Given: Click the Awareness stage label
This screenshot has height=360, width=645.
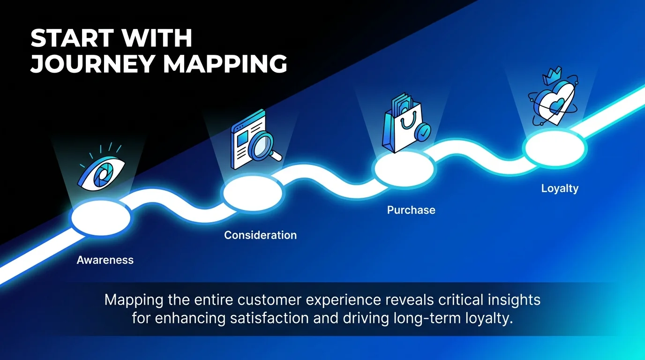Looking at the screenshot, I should click(x=105, y=260).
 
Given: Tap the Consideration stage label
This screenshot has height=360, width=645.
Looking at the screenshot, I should click(x=260, y=235).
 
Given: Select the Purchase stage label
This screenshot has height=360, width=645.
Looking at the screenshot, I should click(x=411, y=210).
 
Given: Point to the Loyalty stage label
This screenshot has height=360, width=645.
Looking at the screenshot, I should click(x=560, y=188).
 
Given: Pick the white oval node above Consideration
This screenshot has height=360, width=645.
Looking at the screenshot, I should click(x=253, y=193).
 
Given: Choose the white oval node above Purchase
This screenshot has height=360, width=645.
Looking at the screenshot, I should click(x=404, y=168).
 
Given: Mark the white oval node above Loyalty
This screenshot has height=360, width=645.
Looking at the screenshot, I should click(x=555, y=146).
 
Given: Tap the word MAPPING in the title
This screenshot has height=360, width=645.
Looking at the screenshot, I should click(x=225, y=64).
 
